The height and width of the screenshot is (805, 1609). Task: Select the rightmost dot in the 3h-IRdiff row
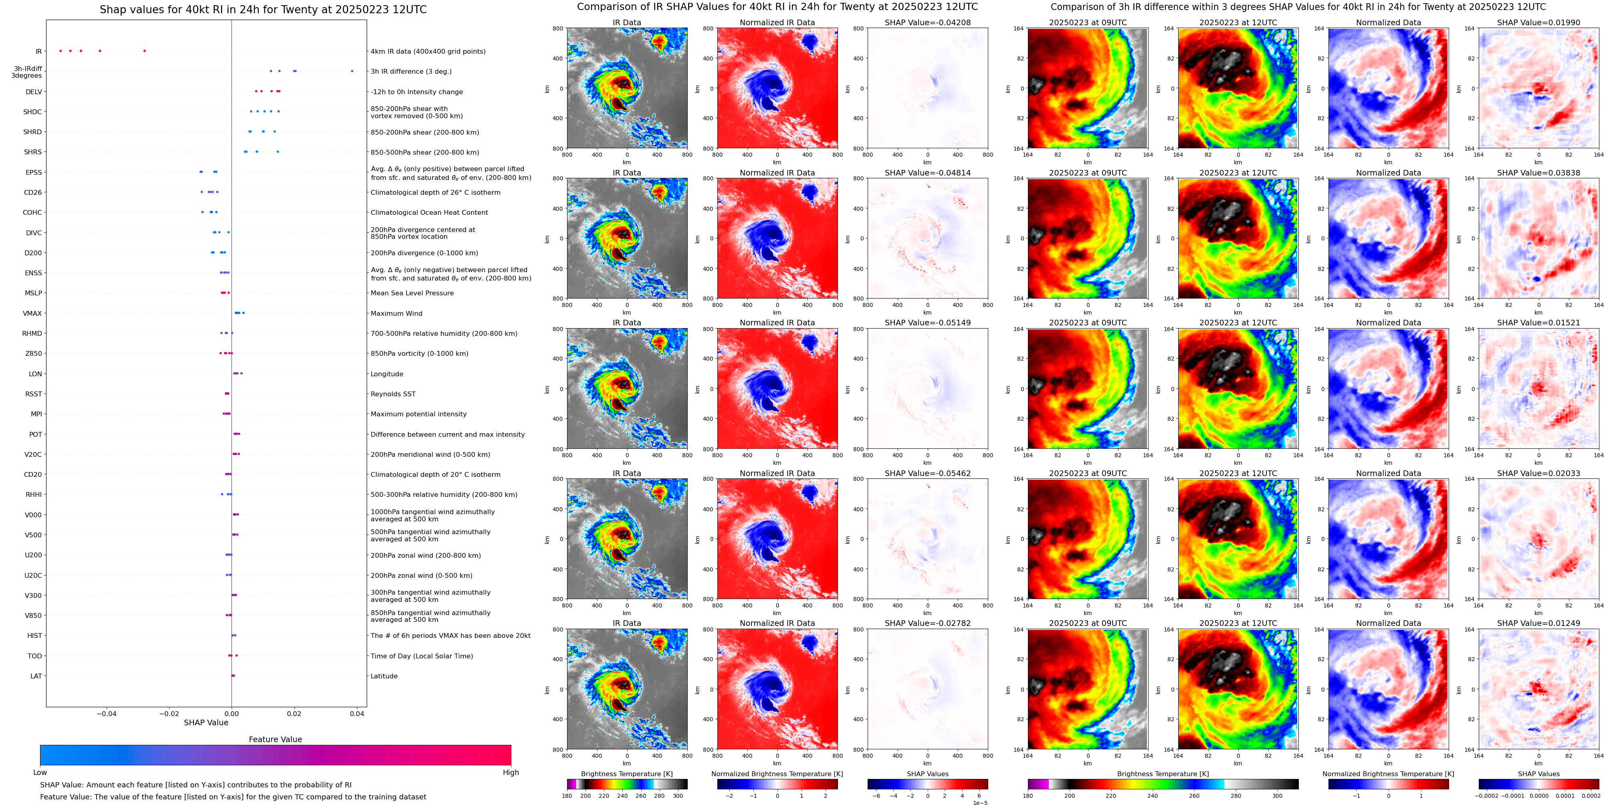(x=352, y=71)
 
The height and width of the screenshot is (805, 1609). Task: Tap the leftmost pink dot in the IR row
(x=61, y=50)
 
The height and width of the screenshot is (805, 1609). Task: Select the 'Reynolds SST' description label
(x=393, y=394)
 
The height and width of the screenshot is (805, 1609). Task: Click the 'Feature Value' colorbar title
(x=275, y=739)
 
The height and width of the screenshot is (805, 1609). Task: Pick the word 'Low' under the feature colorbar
(x=40, y=773)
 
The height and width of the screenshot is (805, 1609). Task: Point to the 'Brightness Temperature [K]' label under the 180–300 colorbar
(x=626, y=774)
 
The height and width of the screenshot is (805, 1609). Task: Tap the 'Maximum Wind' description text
(x=396, y=313)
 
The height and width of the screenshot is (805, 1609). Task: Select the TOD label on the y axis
(x=35, y=656)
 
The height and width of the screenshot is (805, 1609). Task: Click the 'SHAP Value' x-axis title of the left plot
(x=206, y=722)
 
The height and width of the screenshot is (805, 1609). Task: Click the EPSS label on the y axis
(x=34, y=172)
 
